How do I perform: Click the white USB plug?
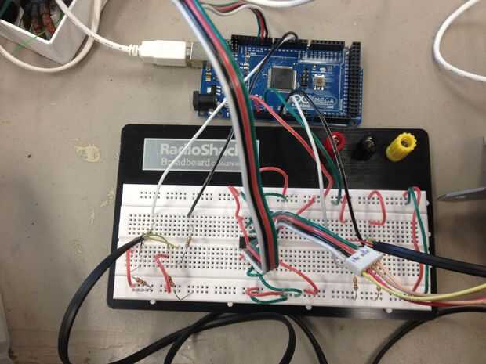pyautogui.click(x=163, y=52)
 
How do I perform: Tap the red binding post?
pyautogui.click(x=339, y=141)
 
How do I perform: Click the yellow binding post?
pyautogui.click(x=401, y=144)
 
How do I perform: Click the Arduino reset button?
pyautogui.click(x=320, y=81)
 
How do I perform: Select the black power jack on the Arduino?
pyautogui.click(x=205, y=103)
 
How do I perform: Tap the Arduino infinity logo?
pyautogui.click(x=298, y=99)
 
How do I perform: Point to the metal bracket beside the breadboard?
pyautogui.click(x=462, y=192)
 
